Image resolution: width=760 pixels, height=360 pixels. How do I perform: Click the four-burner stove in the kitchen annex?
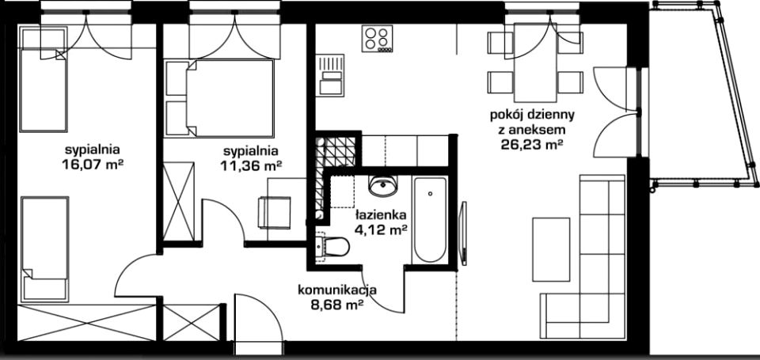(x=377, y=39)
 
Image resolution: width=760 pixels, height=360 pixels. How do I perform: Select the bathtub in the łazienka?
(x=430, y=219)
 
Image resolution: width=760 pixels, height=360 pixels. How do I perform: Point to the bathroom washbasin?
(x=383, y=186)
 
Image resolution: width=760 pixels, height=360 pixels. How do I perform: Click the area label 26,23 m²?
(x=532, y=144)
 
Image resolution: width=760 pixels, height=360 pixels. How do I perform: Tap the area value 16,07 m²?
(x=92, y=165)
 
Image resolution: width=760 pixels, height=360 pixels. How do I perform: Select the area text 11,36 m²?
(x=251, y=165)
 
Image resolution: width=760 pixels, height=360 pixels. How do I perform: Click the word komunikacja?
(x=337, y=290)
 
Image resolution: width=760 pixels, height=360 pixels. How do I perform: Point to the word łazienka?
(x=381, y=214)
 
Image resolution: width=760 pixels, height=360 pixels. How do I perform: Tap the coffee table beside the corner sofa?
(x=551, y=249)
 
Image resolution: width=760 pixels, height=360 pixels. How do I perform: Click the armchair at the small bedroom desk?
(x=275, y=212)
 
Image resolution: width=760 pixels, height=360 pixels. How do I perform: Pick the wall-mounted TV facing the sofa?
(x=463, y=233)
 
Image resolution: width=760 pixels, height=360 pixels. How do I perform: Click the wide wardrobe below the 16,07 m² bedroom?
(x=87, y=323)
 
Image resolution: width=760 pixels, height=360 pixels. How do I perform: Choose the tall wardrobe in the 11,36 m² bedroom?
(x=179, y=201)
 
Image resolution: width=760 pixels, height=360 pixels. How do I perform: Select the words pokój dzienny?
(x=532, y=116)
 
